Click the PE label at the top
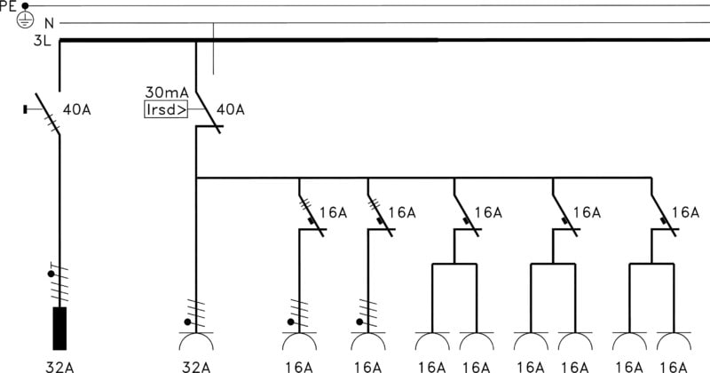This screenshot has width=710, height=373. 9,4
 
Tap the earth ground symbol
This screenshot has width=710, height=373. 25,18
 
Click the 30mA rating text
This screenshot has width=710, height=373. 165,93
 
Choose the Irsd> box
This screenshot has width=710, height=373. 166,110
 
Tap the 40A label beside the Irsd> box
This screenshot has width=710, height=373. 231,110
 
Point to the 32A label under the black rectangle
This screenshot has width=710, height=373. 59,366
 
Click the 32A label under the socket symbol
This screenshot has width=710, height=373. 195,366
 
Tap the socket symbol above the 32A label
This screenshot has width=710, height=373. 195,342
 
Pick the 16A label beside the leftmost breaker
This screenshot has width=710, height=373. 334,212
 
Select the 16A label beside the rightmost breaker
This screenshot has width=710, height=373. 685,212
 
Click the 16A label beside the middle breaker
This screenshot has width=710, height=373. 488,212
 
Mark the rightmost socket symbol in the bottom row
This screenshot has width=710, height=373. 674,343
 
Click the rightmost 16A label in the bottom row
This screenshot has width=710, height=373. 674,366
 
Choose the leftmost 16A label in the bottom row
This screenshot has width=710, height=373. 299,366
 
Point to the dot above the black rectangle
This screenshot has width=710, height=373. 50,275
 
